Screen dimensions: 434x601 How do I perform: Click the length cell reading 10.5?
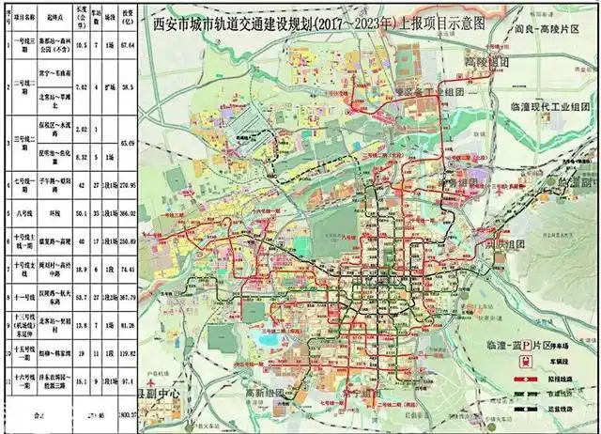[x=83, y=45]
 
